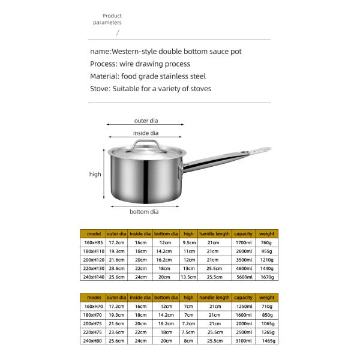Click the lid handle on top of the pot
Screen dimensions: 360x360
[x=145, y=145]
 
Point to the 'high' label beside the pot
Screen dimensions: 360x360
[x=95, y=174]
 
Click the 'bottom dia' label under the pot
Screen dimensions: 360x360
[x=144, y=211]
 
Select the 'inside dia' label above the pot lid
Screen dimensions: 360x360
[x=146, y=133]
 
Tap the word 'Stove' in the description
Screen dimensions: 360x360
[x=100, y=89]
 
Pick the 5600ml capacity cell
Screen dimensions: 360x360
[x=244, y=278]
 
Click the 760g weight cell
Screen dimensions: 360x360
[x=266, y=243]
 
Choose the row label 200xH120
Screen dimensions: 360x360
[x=94, y=260]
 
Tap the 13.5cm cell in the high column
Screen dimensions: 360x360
[x=188, y=278]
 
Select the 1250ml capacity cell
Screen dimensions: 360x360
[x=244, y=306]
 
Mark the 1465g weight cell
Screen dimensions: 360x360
[x=266, y=341]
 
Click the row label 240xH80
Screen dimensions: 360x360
[x=94, y=341]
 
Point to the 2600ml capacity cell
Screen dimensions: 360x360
[x=244, y=251]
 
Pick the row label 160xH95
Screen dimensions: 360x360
[x=94, y=243]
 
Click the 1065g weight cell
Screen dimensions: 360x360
[x=266, y=323]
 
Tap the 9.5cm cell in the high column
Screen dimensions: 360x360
[x=188, y=243]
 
